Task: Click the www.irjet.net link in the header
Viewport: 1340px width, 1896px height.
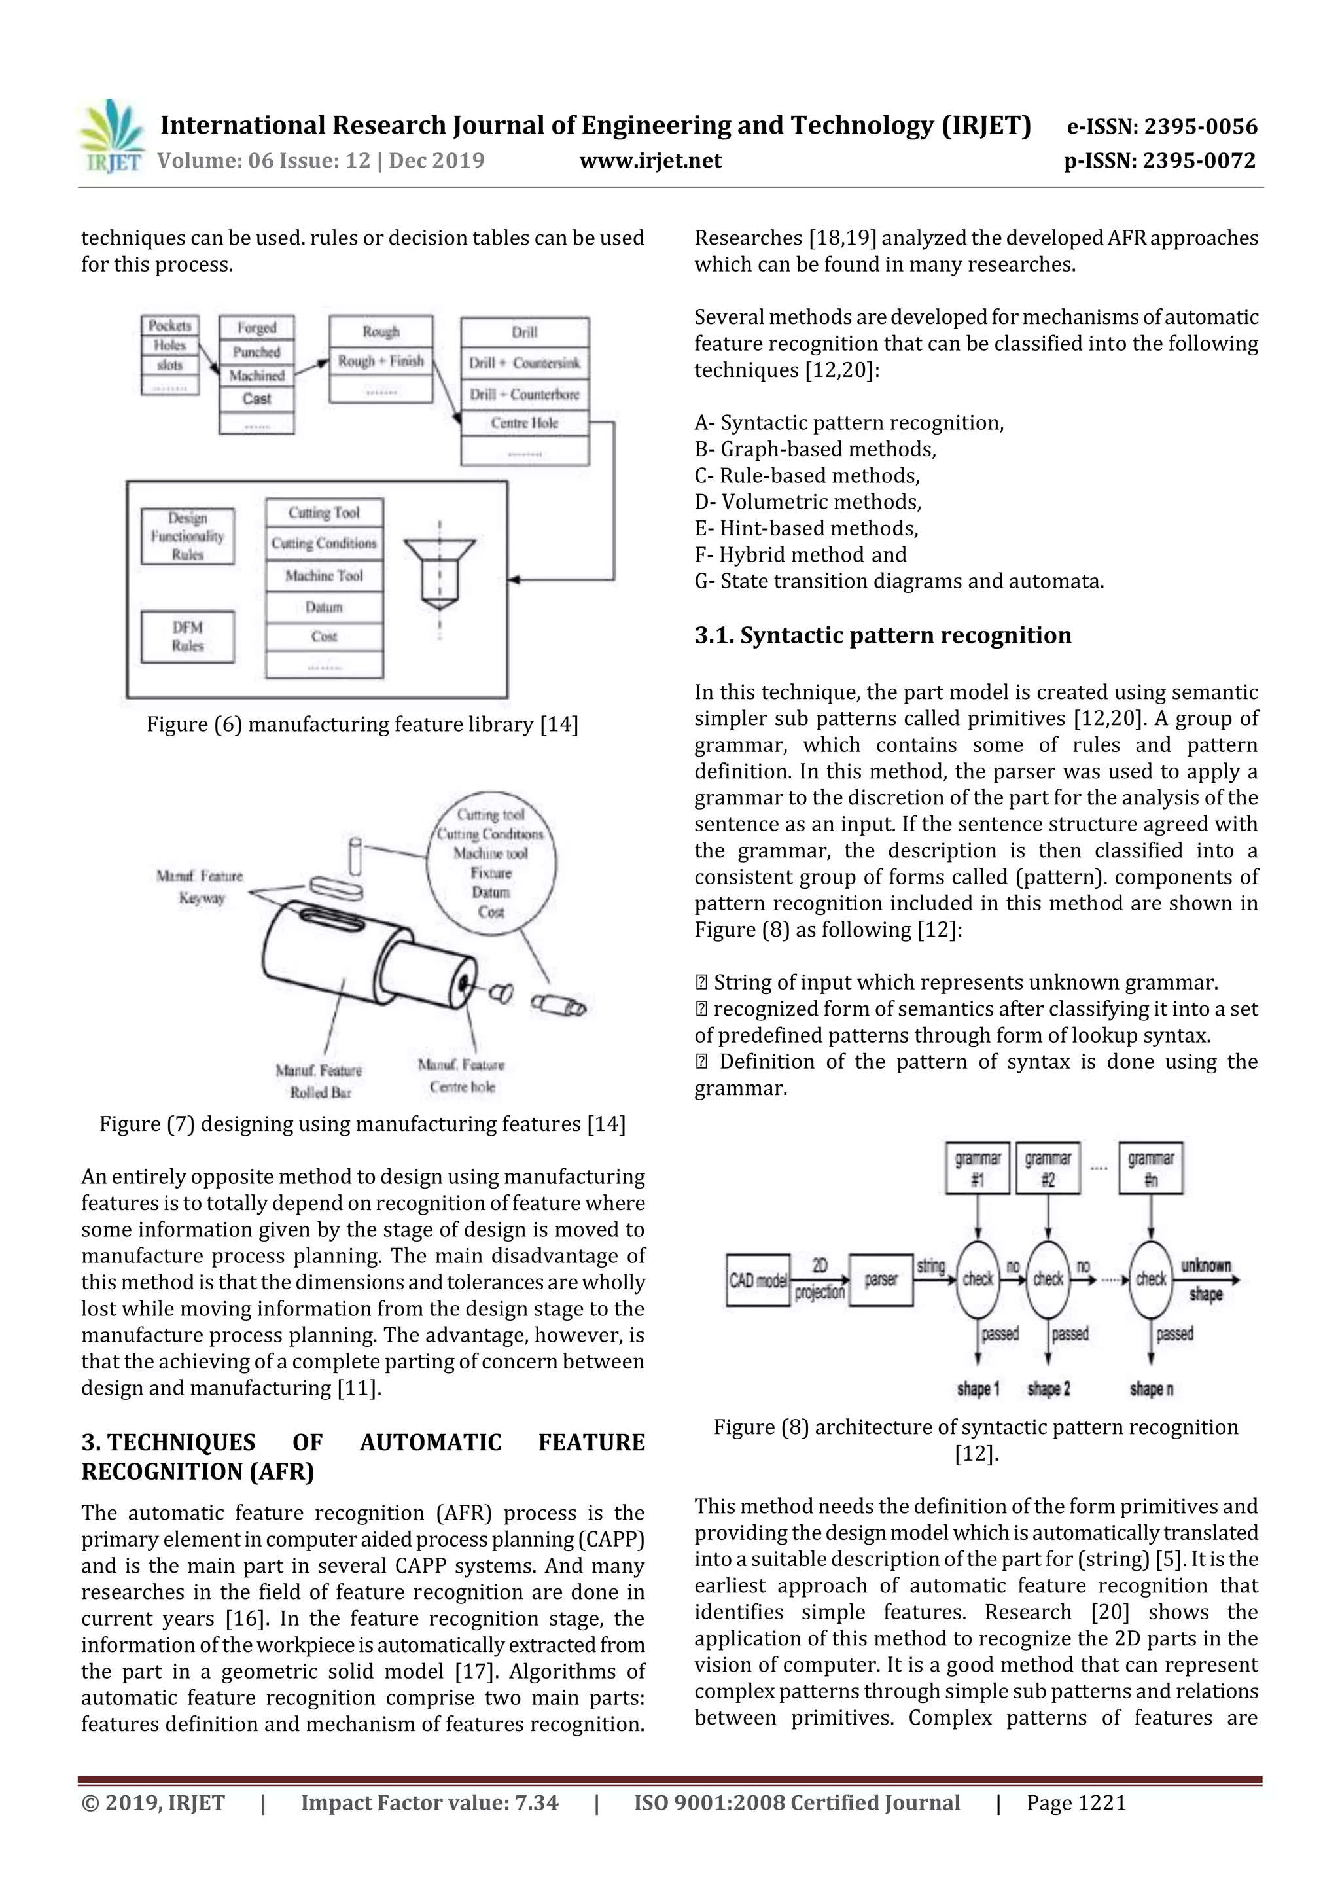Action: (x=650, y=160)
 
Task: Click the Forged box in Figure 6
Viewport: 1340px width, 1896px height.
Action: (x=256, y=328)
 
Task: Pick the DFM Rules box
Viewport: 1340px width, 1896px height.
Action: (x=187, y=637)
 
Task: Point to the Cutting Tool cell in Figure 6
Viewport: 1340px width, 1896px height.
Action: (x=325, y=513)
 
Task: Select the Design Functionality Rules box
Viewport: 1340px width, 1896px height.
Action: (x=187, y=536)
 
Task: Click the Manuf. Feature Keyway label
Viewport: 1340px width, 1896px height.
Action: (x=200, y=886)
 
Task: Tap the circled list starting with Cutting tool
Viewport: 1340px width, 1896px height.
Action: (x=491, y=863)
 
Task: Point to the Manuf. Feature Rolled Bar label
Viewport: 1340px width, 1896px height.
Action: (x=319, y=1081)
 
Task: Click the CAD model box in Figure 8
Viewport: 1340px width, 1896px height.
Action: (x=757, y=1280)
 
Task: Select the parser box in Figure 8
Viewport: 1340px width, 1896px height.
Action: (x=880, y=1280)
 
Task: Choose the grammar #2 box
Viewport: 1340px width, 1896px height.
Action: (x=1048, y=1168)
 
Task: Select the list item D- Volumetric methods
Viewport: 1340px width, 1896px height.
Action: (x=807, y=502)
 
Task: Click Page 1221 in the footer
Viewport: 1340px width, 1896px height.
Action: (x=1076, y=1802)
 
